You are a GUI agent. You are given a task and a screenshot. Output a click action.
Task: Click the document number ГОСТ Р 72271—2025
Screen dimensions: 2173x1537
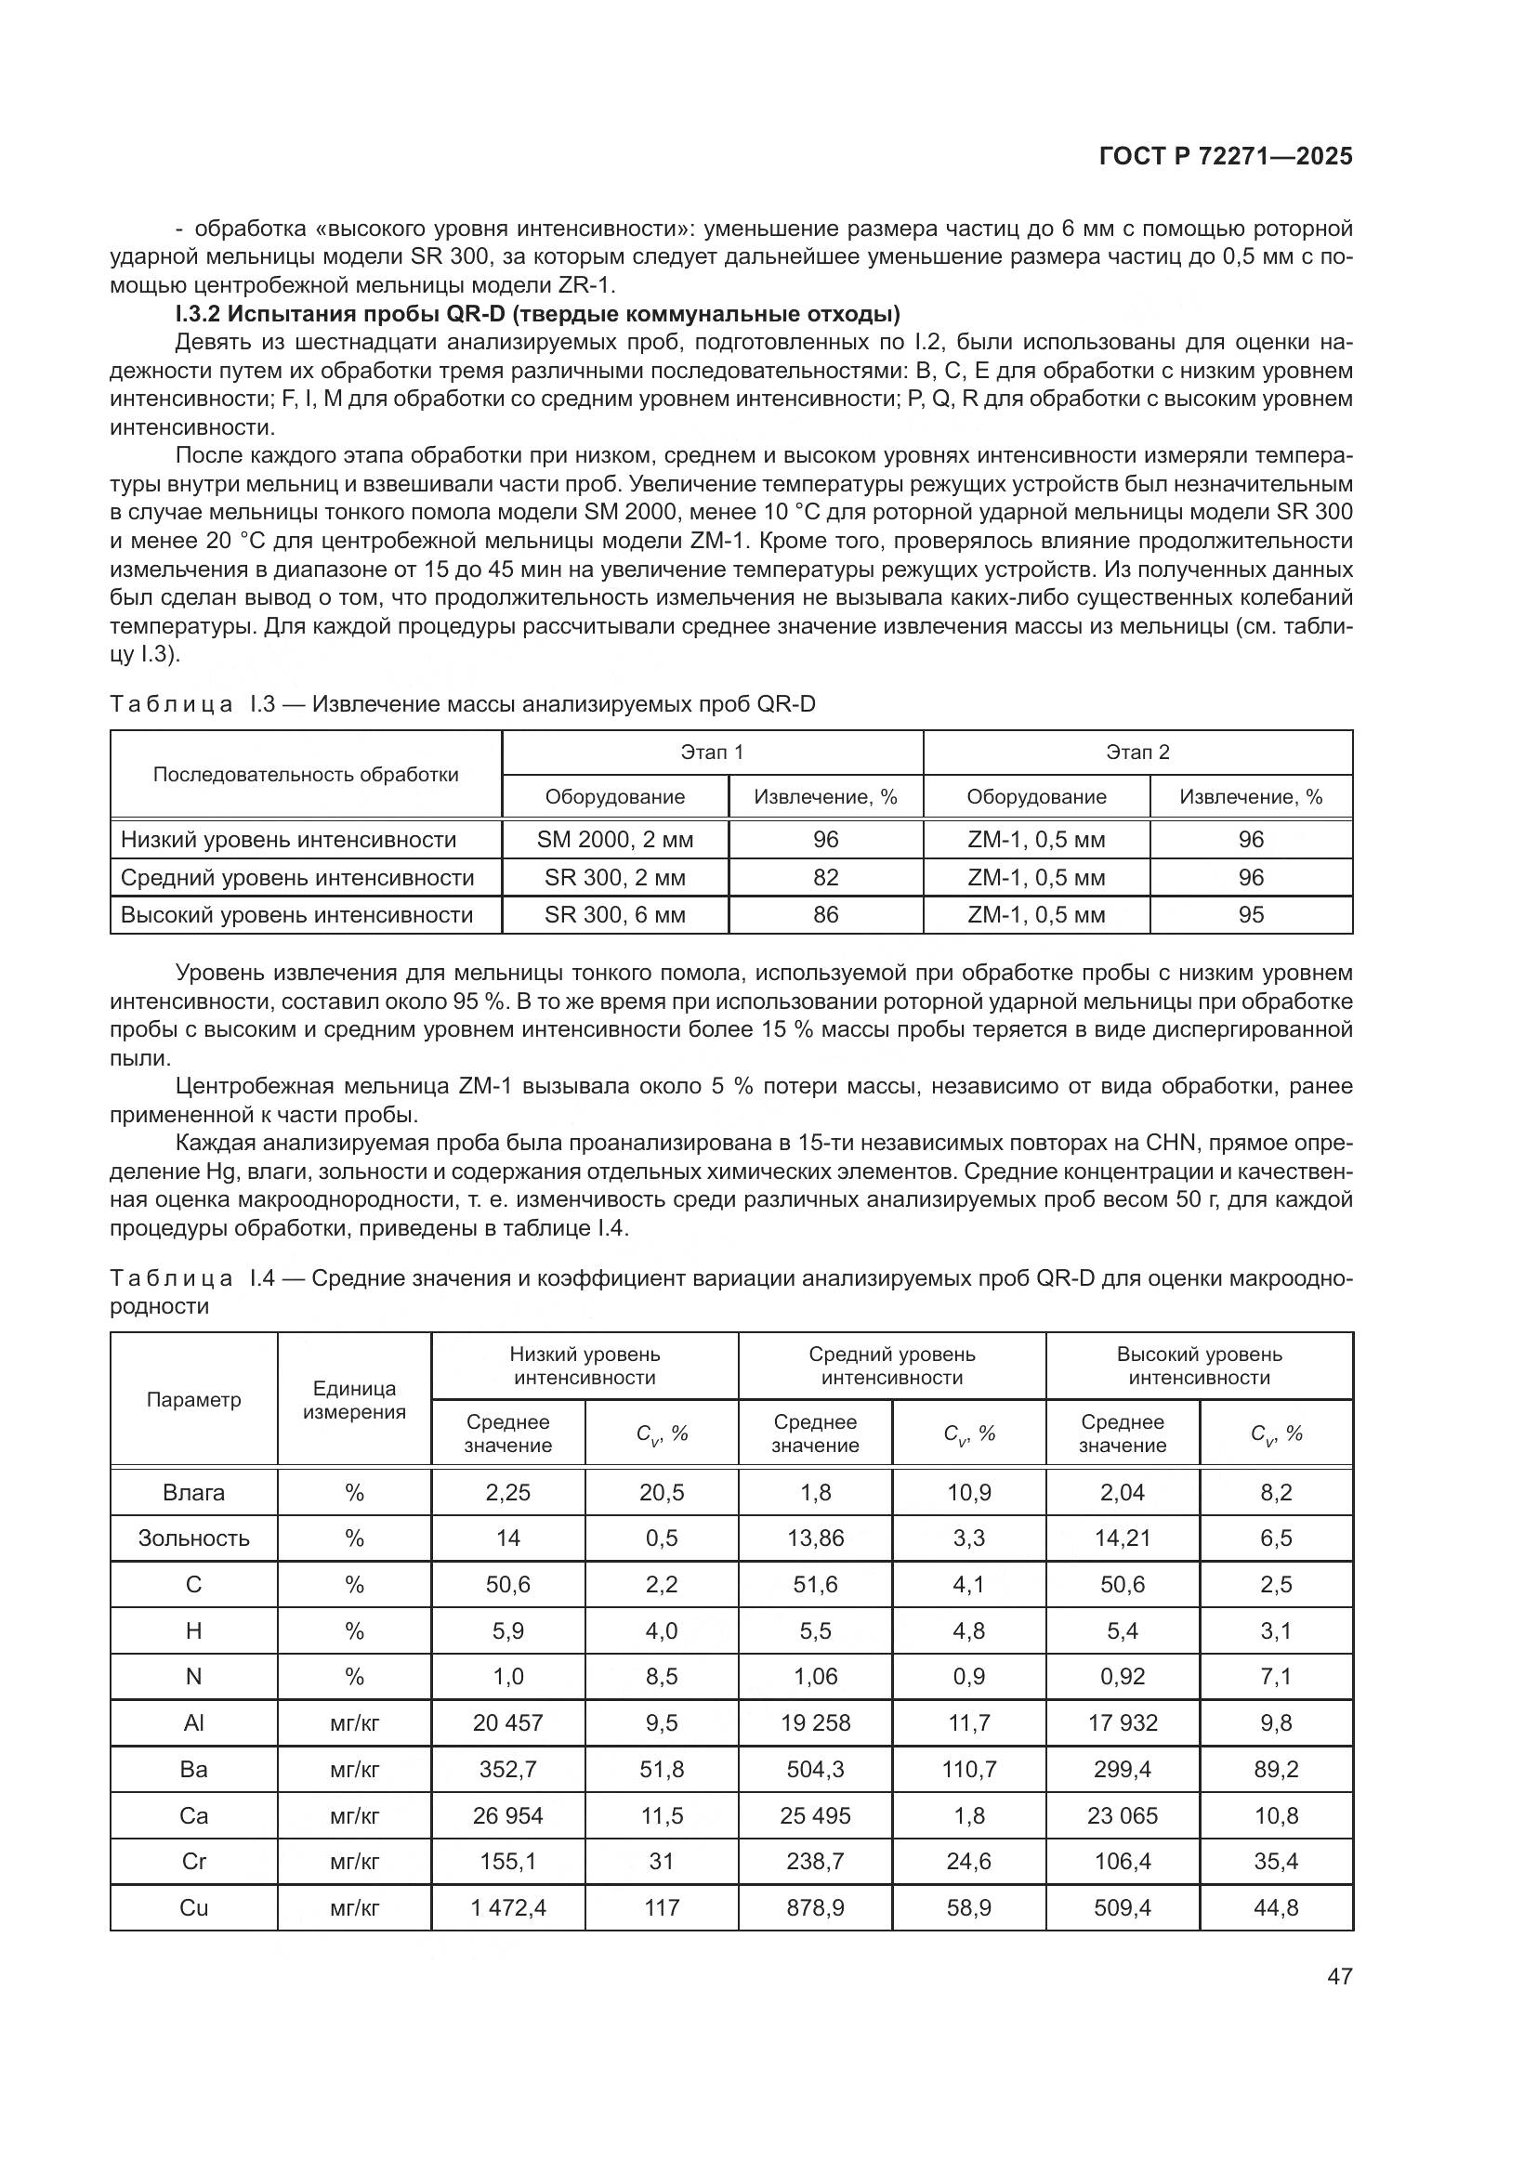click(1225, 156)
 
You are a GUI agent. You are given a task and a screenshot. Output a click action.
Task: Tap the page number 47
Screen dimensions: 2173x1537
click(1339, 1976)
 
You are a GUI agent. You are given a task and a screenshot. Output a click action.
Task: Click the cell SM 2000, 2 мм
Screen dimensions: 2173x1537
click(614, 840)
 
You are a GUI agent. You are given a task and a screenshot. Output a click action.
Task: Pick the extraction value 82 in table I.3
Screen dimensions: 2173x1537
click(825, 877)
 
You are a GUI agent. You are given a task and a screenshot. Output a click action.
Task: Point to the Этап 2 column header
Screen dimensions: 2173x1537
click(1136, 752)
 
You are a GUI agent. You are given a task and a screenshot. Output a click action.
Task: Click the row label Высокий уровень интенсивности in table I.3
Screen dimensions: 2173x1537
click(297, 915)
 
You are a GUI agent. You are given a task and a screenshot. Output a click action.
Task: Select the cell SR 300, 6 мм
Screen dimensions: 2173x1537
click(614, 915)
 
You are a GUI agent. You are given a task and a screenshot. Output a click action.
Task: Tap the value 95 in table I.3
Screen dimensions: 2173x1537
click(1250, 915)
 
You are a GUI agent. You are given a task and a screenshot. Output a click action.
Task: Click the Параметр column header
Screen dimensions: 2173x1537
click(193, 1399)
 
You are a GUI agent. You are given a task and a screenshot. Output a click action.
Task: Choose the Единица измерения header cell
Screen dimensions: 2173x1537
click(354, 1400)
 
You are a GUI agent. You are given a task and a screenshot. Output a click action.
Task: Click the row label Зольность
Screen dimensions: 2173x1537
click(193, 1538)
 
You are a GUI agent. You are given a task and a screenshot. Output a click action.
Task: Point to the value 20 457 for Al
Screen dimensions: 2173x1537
click(508, 1722)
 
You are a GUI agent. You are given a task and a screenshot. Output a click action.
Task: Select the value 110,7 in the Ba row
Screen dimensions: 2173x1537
click(968, 1769)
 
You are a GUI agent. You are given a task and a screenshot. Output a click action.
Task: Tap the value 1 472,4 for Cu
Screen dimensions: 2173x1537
click(508, 1907)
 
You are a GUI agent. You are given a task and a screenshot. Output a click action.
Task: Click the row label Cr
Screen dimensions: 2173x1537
click(193, 1861)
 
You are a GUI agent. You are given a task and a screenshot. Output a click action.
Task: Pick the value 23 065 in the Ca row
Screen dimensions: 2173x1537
click(1123, 1815)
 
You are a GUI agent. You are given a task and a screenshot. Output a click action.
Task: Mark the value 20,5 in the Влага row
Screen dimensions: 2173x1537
click(662, 1493)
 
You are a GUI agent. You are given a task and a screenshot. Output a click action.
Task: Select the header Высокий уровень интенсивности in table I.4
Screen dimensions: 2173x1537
click(1198, 1366)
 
